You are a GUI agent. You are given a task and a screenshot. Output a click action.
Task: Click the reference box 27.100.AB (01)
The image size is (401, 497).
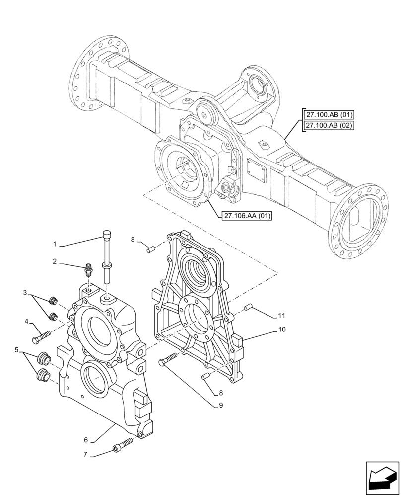328,115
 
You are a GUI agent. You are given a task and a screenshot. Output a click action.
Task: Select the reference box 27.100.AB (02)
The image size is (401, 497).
328,125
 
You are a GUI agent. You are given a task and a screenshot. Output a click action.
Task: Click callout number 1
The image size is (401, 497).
55,244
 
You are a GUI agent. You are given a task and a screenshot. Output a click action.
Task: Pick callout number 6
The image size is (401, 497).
86,440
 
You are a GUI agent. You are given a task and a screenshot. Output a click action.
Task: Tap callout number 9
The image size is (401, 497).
220,405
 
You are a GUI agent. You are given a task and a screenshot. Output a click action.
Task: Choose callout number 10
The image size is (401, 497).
282,329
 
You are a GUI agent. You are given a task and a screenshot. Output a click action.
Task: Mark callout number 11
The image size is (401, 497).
282,316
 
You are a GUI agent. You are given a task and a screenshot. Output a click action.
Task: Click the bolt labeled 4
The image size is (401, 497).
40,338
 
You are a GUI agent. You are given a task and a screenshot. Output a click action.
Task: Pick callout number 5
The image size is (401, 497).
18,350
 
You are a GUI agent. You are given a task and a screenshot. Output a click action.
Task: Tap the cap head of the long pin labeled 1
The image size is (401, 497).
106,234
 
